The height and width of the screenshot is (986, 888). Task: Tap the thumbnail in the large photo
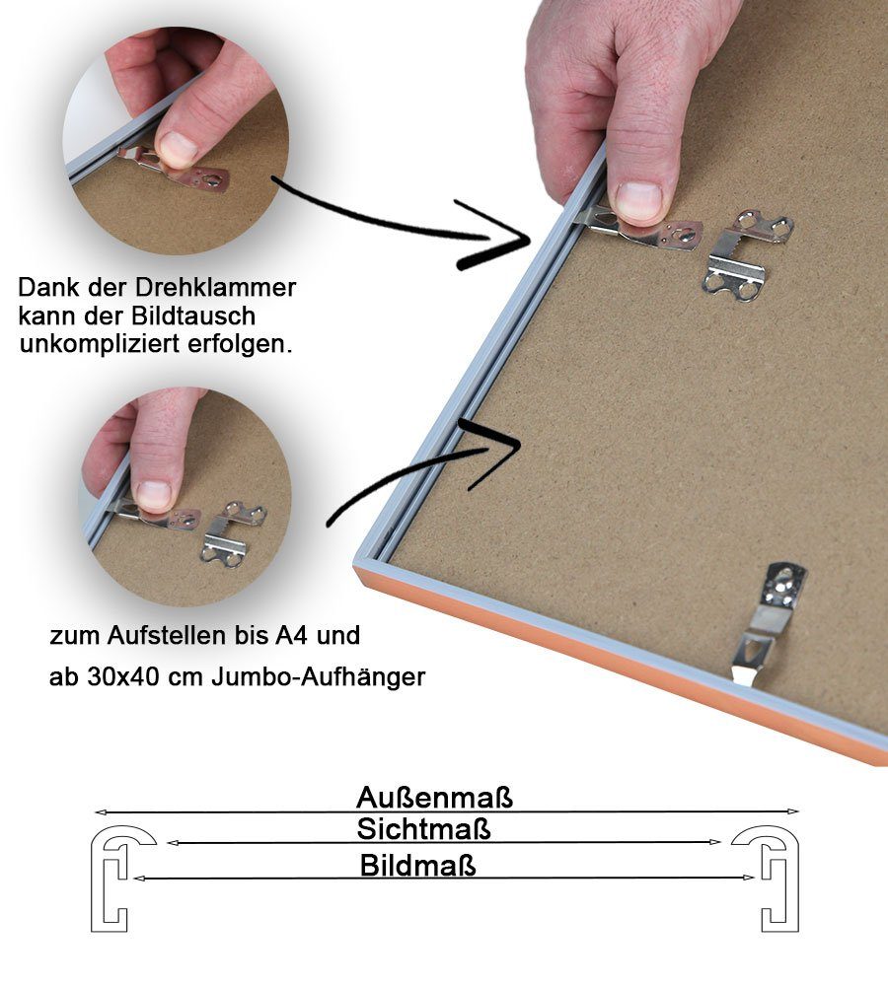click(x=638, y=201)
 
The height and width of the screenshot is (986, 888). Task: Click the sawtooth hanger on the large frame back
click(x=748, y=255)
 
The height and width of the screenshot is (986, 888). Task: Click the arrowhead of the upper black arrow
click(x=508, y=242)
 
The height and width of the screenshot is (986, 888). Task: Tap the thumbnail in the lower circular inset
click(x=153, y=494)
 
